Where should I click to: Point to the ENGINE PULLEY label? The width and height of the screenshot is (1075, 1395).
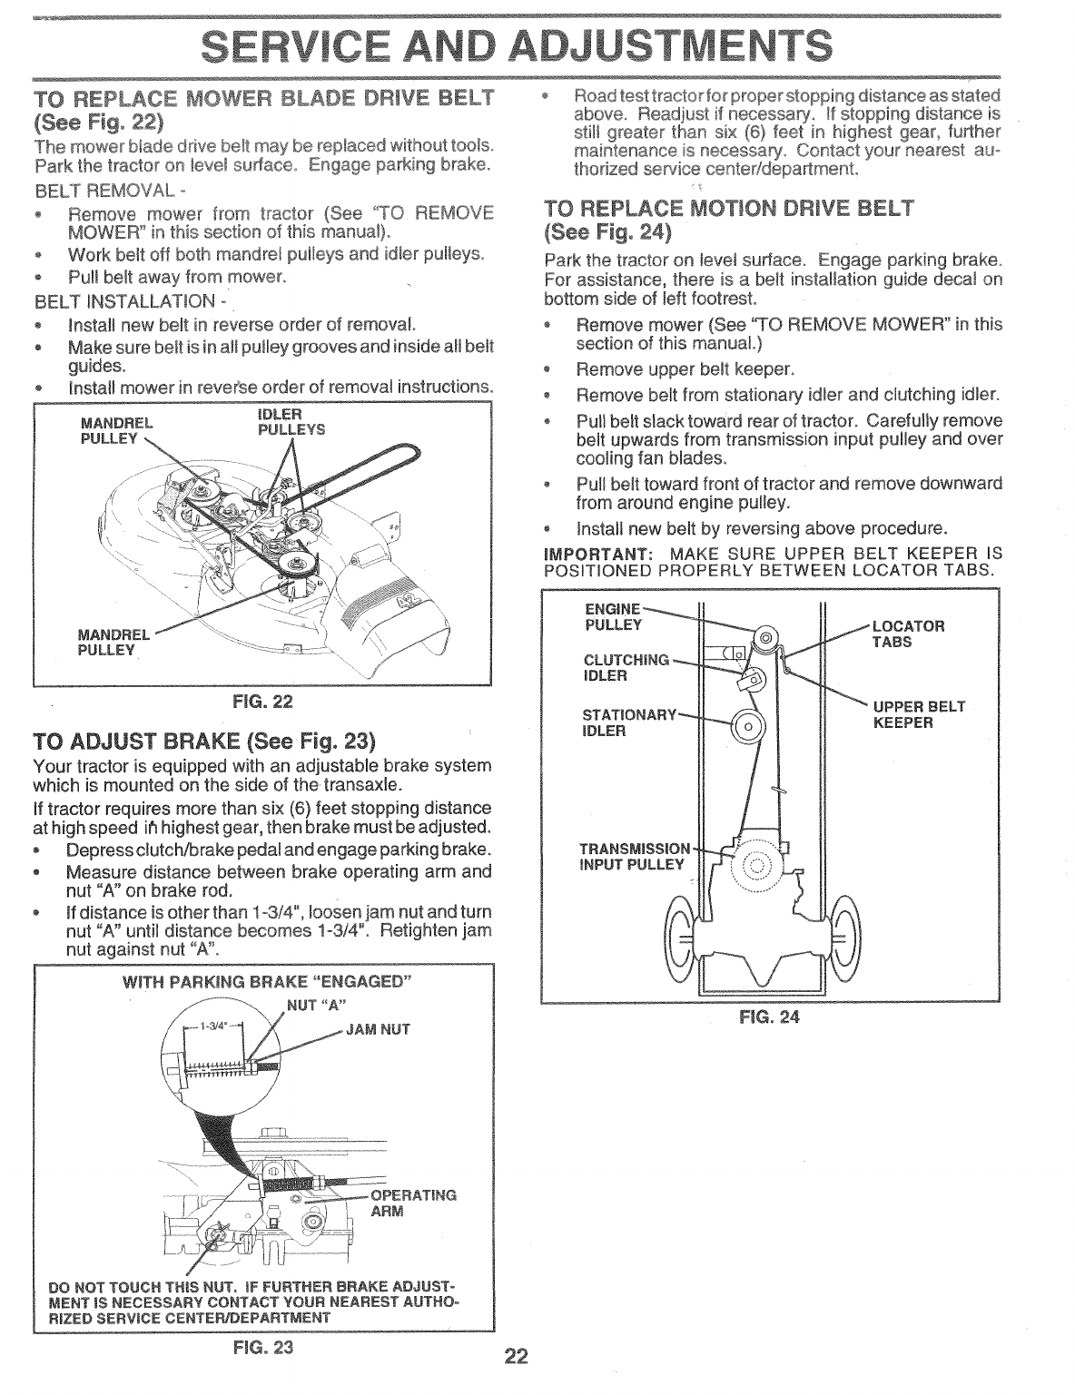615,616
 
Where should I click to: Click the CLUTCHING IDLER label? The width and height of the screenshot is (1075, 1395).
625,667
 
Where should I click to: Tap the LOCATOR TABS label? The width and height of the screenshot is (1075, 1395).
908,634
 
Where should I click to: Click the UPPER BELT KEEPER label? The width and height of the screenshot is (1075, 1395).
917,714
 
